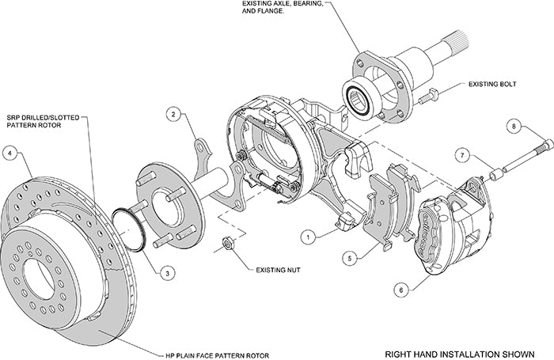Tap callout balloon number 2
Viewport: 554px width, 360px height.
pos(171,114)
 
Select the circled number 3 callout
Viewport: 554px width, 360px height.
pos(165,272)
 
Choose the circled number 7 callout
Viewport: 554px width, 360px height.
pos(464,156)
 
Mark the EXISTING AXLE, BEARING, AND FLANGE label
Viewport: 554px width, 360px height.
pos(282,9)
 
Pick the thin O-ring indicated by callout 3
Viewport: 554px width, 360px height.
pos(131,229)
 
